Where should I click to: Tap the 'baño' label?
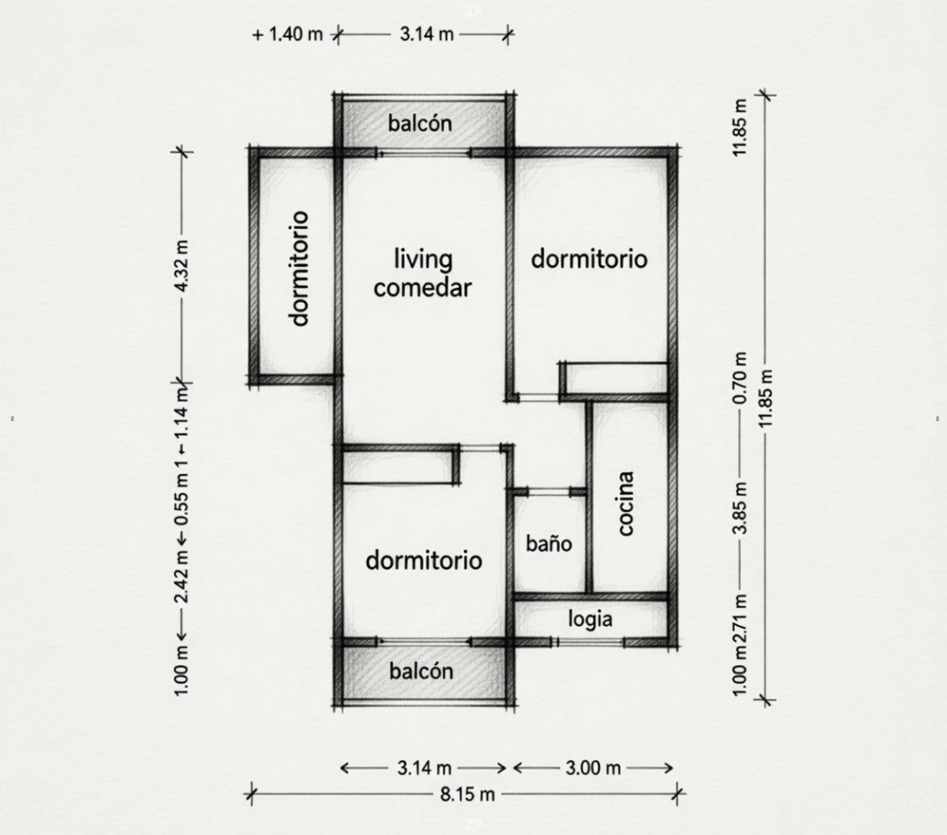[x=549, y=543]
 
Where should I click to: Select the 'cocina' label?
[x=626, y=503]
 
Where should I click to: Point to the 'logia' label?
[x=590, y=620]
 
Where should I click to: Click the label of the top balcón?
[x=420, y=123]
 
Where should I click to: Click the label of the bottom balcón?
[x=421, y=671]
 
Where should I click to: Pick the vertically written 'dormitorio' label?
[x=299, y=269]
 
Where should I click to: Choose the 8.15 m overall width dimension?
[x=467, y=794]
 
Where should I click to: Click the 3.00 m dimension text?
[x=593, y=768]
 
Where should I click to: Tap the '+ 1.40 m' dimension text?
[x=288, y=34]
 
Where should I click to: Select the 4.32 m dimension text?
[x=182, y=266]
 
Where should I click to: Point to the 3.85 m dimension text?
[x=740, y=508]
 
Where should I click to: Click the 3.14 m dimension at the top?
[x=427, y=34]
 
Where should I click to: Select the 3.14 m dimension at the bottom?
[x=424, y=768]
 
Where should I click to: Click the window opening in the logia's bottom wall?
[x=590, y=643]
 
